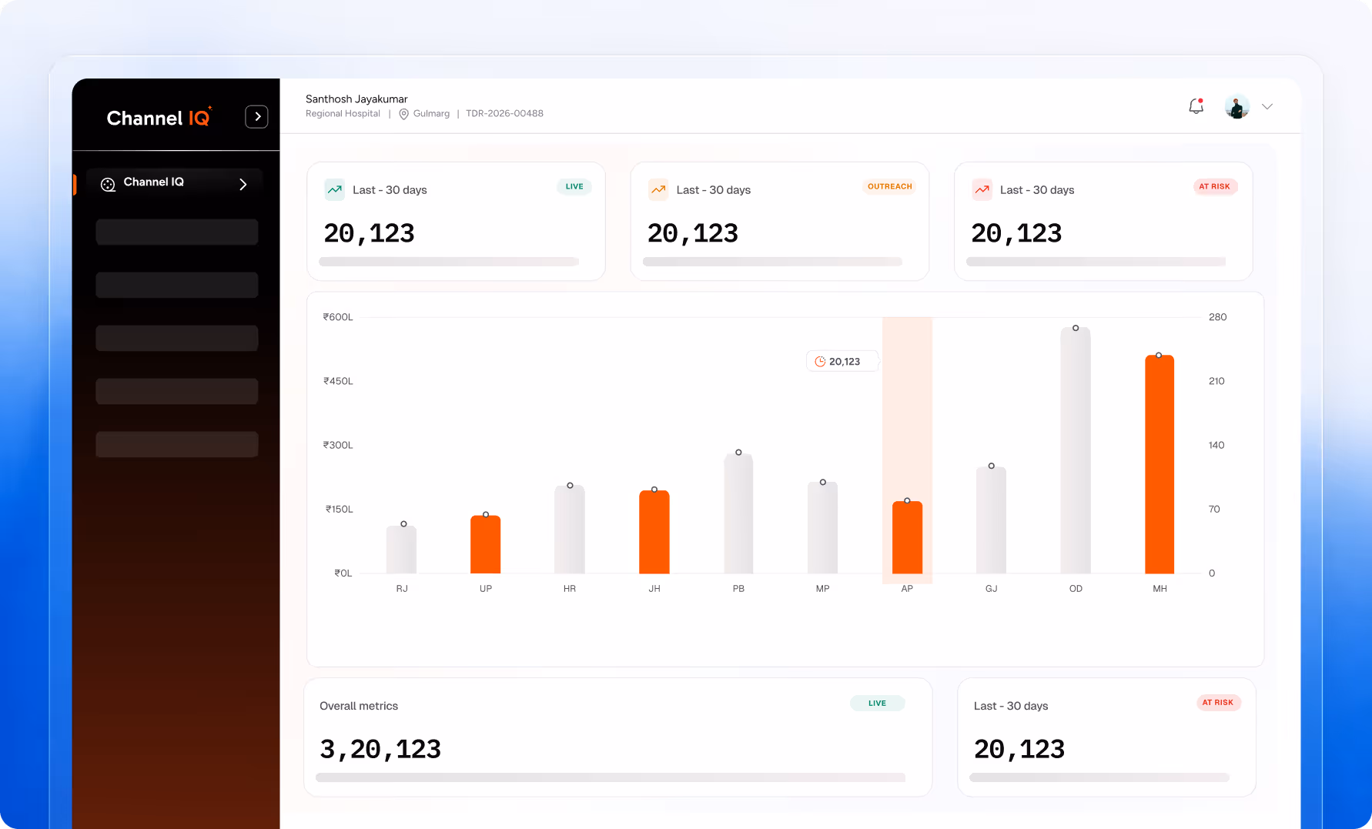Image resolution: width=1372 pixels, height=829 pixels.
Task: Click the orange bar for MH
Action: pyautogui.click(x=1160, y=464)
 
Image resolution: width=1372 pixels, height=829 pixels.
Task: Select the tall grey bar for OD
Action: pyautogui.click(x=1076, y=450)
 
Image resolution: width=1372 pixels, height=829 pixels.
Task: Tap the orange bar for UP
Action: pyautogui.click(x=486, y=544)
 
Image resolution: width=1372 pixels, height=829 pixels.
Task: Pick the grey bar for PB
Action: pyautogui.click(x=738, y=513)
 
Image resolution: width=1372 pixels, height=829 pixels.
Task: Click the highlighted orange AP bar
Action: pyautogui.click(x=907, y=537)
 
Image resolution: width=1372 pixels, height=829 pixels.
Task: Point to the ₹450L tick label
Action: pyautogui.click(x=338, y=381)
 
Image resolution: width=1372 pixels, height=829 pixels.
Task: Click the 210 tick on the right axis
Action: pyautogui.click(x=1216, y=381)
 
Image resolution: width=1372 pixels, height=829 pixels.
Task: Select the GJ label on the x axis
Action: pyautogui.click(x=992, y=589)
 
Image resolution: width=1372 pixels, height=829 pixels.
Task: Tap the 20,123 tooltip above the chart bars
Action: pyautogui.click(x=842, y=362)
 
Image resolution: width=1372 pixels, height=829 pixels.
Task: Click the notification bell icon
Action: pyautogui.click(x=1196, y=106)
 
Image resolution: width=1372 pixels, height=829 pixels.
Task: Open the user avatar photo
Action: pyautogui.click(x=1237, y=107)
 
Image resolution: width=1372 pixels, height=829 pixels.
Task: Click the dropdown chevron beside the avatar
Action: pyautogui.click(x=1267, y=107)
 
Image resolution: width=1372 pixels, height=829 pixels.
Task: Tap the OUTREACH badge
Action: pyautogui.click(x=890, y=186)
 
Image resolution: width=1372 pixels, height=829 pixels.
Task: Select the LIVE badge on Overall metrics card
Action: pyautogui.click(x=877, y=703)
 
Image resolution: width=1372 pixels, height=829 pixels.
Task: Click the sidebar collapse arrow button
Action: pyautogui.click(x=256, y=117)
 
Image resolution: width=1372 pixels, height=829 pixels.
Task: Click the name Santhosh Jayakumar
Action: pyautogui.click(x=356, y=99)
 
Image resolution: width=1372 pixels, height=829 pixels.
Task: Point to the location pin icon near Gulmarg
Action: pyautogui.click(x=403, y=114)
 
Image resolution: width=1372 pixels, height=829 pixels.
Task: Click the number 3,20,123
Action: pyautogui.click(x=380, y=749)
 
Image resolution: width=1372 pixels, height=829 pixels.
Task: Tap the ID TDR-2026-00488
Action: pyautogui.click(x=504, y=113)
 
